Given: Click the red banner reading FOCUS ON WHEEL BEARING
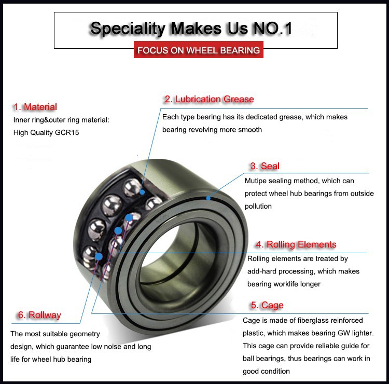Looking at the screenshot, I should pyautogui.click(x=198, y=50).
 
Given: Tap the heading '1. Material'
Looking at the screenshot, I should pyautogui.click(x=35, y=107).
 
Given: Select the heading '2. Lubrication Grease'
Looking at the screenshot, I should pyautogui.click(x=209, y=99).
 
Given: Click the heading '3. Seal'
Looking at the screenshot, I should pyautogui.click(x=265, y=166).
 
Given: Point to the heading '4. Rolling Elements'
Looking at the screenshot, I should pyautogui.click(x=295, y=244).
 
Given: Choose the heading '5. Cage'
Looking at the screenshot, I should pyautogui.click(x=267, y=305).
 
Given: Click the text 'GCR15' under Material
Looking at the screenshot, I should pyautogui.click(x=68, y=132).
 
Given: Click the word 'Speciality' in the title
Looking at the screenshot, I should pyautogui.click(x=128, y=28).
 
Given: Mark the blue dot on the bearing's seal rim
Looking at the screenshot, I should pyautogui.click(x=208, y=198).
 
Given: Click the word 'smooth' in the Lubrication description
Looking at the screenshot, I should pyautogui.click(x=249, y=130).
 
